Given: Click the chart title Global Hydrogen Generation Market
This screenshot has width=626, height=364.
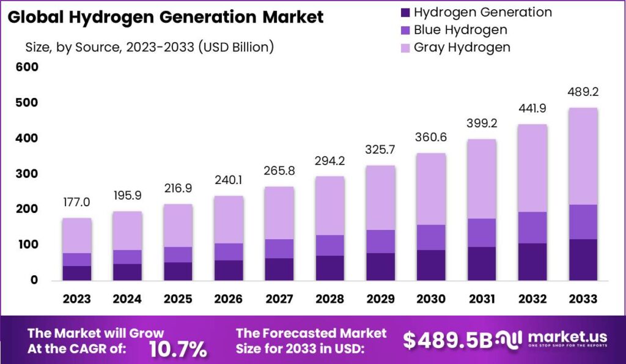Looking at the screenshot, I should coord(166,17).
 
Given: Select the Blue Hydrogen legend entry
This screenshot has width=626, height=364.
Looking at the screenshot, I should coord(460,29).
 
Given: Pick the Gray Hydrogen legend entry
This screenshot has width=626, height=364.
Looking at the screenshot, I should coord(462,47).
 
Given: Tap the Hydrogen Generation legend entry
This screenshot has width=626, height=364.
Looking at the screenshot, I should coord(482,12).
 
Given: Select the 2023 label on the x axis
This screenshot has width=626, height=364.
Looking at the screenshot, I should coord(76,299).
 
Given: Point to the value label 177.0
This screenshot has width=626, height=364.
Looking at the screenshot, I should coord(76,202).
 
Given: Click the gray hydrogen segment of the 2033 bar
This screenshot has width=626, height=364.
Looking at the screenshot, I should coord(582,156).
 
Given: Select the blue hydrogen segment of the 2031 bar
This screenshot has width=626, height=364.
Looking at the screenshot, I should coord(481,232).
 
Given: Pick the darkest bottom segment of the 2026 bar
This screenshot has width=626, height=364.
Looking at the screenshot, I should coord(229,270).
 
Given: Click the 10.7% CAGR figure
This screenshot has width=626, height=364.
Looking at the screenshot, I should coord(178,349).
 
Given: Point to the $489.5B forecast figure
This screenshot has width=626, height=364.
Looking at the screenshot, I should coord(447,340).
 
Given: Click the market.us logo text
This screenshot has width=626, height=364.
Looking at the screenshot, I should coord(567,337).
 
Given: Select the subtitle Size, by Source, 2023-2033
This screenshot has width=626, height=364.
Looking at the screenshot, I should coord(149,47).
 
